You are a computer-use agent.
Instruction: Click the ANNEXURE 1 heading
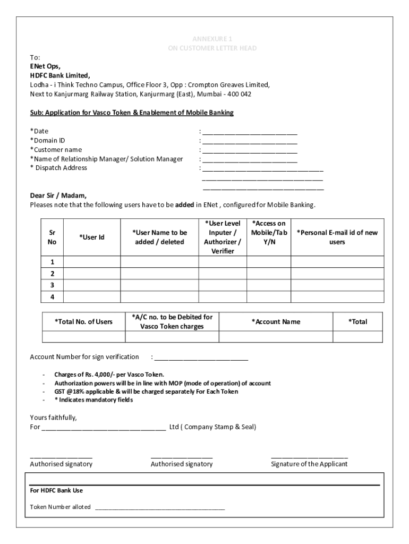coord(212,39)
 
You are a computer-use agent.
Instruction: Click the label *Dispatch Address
coord(58,168)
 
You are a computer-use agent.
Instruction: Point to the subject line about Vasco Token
coord(132,113)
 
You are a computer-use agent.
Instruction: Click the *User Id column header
coord(92,237)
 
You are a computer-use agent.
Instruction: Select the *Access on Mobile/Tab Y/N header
coord(269,233)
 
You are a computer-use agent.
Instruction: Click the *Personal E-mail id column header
coord(337,237)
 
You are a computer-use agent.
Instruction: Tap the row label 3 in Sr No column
coord(53,285)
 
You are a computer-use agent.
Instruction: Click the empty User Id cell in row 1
coord(92,262)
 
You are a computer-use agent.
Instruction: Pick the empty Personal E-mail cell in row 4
coord(337,297)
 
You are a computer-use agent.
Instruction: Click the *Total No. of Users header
coord(84,321)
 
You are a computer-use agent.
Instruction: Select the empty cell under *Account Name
coord(276,337)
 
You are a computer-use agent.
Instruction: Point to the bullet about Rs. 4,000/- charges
coord(109,375)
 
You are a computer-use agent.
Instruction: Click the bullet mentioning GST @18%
coord(146,392)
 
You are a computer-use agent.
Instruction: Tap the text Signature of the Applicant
coord(309,464)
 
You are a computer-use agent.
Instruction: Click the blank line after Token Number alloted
coord(160,508)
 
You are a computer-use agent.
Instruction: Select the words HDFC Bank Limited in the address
coord(60,75)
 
